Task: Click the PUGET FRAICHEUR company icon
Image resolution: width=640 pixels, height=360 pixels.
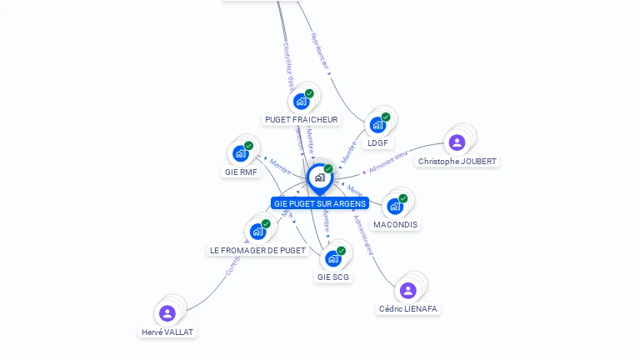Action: click(301, 102)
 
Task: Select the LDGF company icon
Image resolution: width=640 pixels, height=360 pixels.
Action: click(377, 125)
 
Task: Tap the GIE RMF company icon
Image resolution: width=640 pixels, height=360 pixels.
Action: click(241, 153)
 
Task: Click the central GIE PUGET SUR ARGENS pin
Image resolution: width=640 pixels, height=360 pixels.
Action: click(319, 177)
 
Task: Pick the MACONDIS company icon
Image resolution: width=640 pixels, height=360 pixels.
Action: click(395, 206)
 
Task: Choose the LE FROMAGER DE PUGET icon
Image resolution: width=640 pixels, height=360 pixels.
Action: click(257, 231)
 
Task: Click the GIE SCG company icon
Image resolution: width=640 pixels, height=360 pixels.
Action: click(332, 258)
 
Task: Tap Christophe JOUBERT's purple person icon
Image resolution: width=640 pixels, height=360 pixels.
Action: click(457, 142)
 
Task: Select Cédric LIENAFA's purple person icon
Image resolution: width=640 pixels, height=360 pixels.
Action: click(407, 290)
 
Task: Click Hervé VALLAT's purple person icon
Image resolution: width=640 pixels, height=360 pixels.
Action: click(167, 313)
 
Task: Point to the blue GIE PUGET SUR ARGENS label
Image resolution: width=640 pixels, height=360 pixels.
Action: click(319, 203)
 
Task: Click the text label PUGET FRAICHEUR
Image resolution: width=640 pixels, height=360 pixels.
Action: click(301, 120)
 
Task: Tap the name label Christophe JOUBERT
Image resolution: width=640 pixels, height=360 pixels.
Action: click(457, 162)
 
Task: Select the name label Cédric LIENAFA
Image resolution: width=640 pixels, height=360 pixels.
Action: click(408, 309)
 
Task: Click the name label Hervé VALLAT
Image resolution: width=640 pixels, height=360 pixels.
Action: click(167, 332)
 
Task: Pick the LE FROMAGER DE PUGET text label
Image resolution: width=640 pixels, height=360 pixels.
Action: click(257, 250)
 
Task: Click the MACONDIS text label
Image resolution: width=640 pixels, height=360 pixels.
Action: click(396, 225)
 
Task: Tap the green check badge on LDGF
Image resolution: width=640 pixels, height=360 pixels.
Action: click(386, 117)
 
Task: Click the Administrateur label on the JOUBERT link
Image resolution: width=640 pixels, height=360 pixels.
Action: click(388, 162)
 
